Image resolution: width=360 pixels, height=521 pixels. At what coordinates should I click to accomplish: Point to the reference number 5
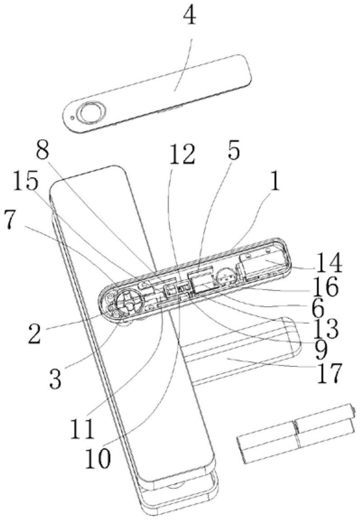234,150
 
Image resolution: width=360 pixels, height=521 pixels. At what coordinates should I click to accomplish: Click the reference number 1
275,181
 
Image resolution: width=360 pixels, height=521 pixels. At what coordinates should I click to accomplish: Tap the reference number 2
35,333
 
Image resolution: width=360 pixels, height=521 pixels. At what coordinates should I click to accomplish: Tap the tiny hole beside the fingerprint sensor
72,117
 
